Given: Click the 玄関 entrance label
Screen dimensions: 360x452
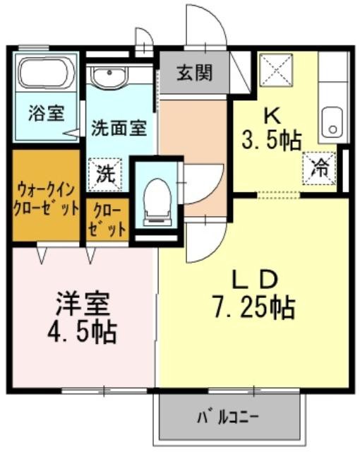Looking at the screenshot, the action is (194, 72).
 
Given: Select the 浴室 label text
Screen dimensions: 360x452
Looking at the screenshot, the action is (46, 113).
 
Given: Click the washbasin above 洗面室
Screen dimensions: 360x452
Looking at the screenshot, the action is (109, 76).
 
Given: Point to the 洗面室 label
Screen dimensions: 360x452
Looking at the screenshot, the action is (119, 128).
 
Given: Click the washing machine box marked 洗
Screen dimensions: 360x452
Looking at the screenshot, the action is (105, 174).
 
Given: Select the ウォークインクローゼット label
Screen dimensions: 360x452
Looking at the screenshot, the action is (46, 199).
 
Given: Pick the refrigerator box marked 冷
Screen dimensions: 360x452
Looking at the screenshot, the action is (319, 168).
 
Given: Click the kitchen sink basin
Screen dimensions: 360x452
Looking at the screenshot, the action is (332, 122).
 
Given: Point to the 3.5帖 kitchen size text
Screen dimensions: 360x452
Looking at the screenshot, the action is (271, 141).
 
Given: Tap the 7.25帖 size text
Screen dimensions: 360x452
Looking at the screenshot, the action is (253, 308).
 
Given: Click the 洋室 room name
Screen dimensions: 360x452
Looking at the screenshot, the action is (83, 304).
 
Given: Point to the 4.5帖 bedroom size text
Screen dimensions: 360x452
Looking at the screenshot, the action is (82, 333).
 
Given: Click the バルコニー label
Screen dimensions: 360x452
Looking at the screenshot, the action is (228, 417).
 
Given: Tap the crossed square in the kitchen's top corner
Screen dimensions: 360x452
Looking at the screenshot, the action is (276, 69).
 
